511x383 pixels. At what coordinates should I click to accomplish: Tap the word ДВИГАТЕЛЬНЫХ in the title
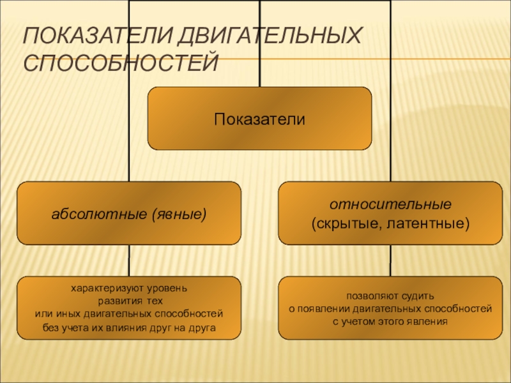[x=261, y=36]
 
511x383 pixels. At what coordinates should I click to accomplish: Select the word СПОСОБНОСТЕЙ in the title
[x=121, y=63]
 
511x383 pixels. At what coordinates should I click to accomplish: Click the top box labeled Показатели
[x=259, y=119]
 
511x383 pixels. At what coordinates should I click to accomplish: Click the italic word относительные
[x=390, y=206]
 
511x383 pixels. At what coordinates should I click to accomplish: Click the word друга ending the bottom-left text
[x=203, y=327]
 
